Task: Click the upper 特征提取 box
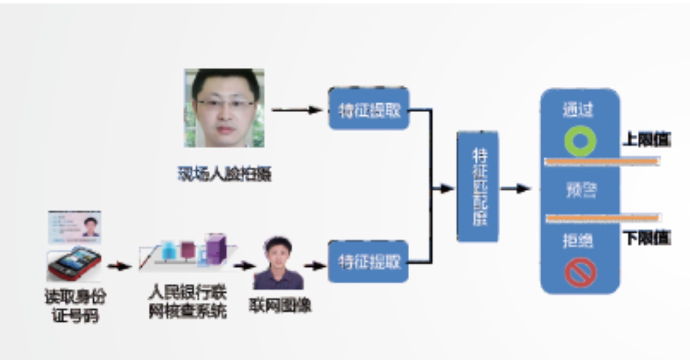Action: [369, 109]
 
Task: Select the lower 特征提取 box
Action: [369, 262]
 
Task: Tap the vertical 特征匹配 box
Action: [478, 186]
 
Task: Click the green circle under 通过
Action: [580, 141]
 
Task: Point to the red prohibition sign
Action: [580, 272]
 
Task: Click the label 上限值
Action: [647, 141]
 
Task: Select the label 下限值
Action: [647, 238]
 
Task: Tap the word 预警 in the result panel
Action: [580, 190]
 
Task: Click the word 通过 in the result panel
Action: [578, 110]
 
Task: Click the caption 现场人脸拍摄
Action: [224, 174]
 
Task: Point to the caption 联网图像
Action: [280, 306]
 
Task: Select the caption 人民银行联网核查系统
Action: [188, 303]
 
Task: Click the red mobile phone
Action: [74, 264]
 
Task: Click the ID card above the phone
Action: [75, 227]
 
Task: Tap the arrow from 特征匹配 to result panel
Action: [516, 189]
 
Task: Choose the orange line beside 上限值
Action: [602, 161]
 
